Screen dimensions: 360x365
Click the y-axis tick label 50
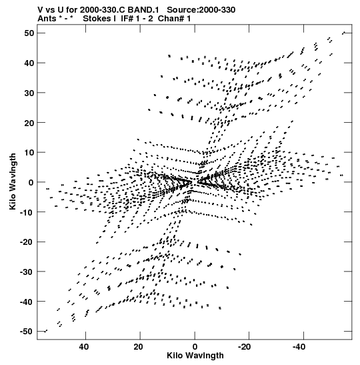coord(29,33)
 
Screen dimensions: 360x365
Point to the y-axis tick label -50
coord(27,332)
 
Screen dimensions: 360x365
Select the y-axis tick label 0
coord(31,183)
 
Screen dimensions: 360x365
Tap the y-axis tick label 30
coord(29,93)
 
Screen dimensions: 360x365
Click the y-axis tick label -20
coord(27,242)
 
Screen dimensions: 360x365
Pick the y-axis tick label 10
coord(29,152)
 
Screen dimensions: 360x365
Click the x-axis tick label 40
coord(84,347)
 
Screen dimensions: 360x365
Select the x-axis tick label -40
coord(299,347)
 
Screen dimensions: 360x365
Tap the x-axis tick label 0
coord(195,347)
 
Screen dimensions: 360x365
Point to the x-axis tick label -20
coord(245,347)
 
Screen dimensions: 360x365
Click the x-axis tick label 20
coord(139,347)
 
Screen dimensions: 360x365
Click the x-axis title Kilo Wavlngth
coord(195,356)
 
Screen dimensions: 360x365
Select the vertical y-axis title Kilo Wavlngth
coord(13,181)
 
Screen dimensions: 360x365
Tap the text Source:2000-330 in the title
coord(201,10)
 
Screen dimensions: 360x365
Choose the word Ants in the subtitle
coord(47,19)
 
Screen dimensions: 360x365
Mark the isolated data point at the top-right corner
coord(343,33)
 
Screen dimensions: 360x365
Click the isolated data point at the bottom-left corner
coord(46,331)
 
